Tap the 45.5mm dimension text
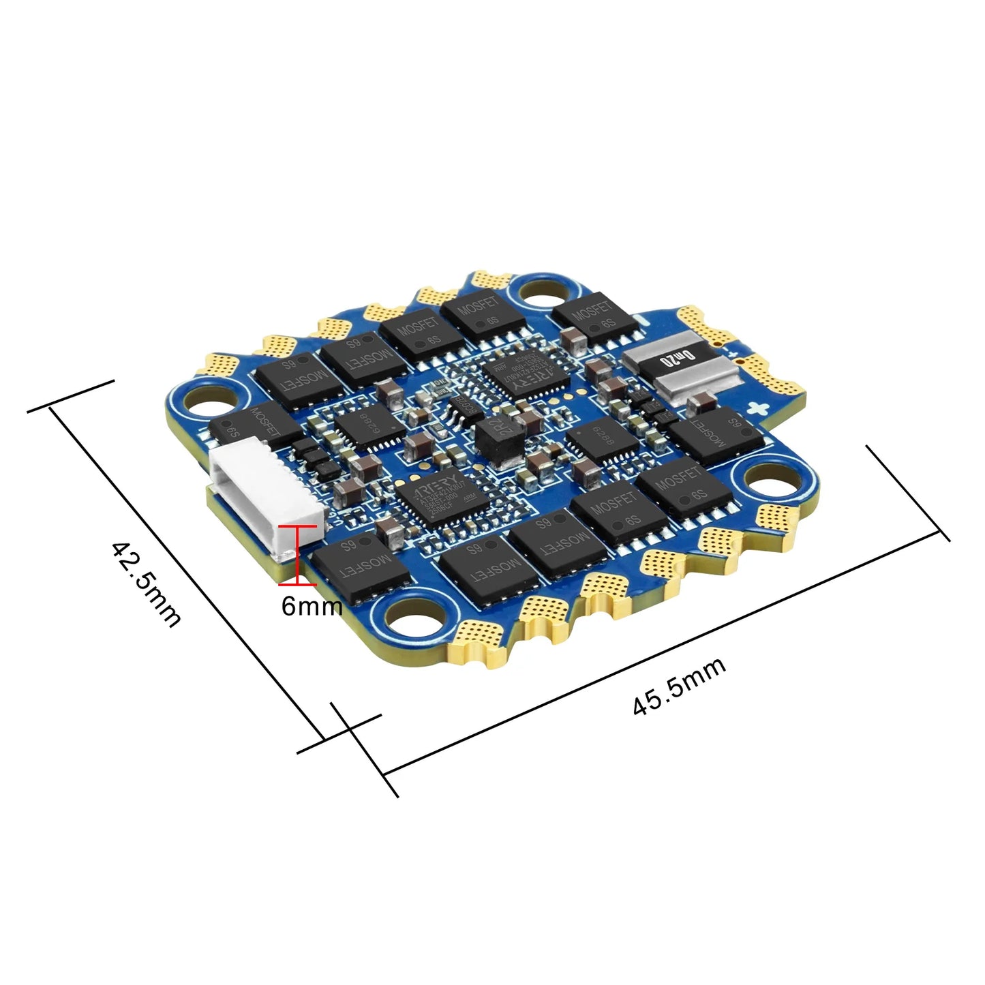pos(679,686)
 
